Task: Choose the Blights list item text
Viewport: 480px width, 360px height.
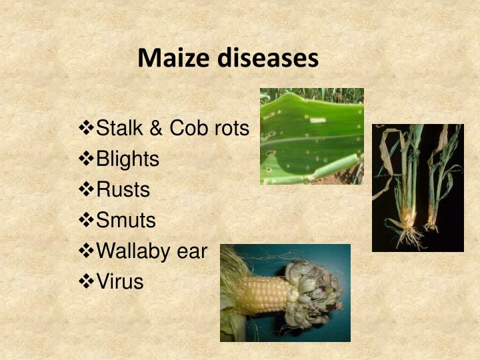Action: [128, 159]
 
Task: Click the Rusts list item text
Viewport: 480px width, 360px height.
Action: [123, 189]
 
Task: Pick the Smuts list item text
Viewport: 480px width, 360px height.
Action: [126, 220]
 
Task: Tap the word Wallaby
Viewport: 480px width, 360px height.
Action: [134, 251]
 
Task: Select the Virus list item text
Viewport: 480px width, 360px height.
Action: [120, 281]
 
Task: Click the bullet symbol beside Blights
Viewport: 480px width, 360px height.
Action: [87, 159]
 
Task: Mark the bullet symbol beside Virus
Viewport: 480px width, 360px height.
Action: [87, 281]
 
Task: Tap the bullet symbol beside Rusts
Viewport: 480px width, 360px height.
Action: [87, 189]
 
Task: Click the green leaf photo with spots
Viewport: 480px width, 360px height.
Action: [311, 136]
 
